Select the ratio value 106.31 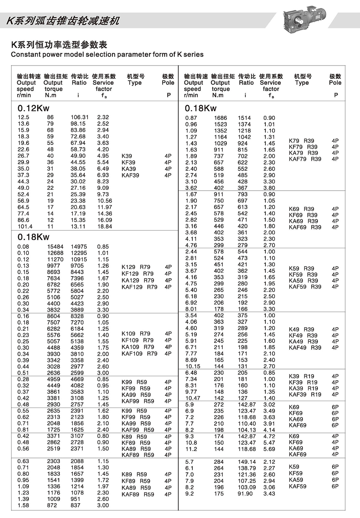click(80, 117)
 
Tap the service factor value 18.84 click(105, 226)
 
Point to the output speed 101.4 click(25, 226)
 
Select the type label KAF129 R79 click(139, 287)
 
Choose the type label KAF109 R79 click(139, 354)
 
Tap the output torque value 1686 click(221, 118)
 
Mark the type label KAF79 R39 click(305, 159)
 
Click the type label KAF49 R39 click(305, 348)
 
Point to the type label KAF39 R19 click(305, 395)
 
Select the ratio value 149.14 click(247, 462)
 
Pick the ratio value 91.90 click(245, 493)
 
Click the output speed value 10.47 click(192, 398)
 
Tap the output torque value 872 click(52, 505)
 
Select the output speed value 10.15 click(193, 366)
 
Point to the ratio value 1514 click(244, 118)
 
